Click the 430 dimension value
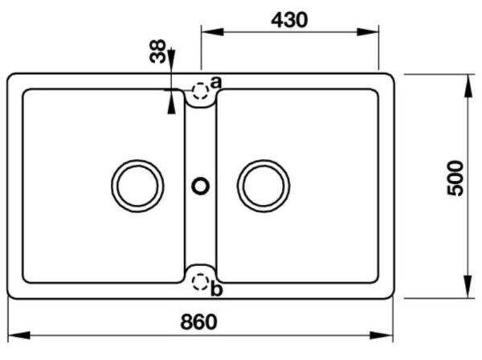289,20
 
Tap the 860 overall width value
198,322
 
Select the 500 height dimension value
455,178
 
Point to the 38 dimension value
157,51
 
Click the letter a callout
216,83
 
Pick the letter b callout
216,289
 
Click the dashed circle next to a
200,91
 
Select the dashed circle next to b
200,282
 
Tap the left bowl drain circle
137,161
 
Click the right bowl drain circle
263,161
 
